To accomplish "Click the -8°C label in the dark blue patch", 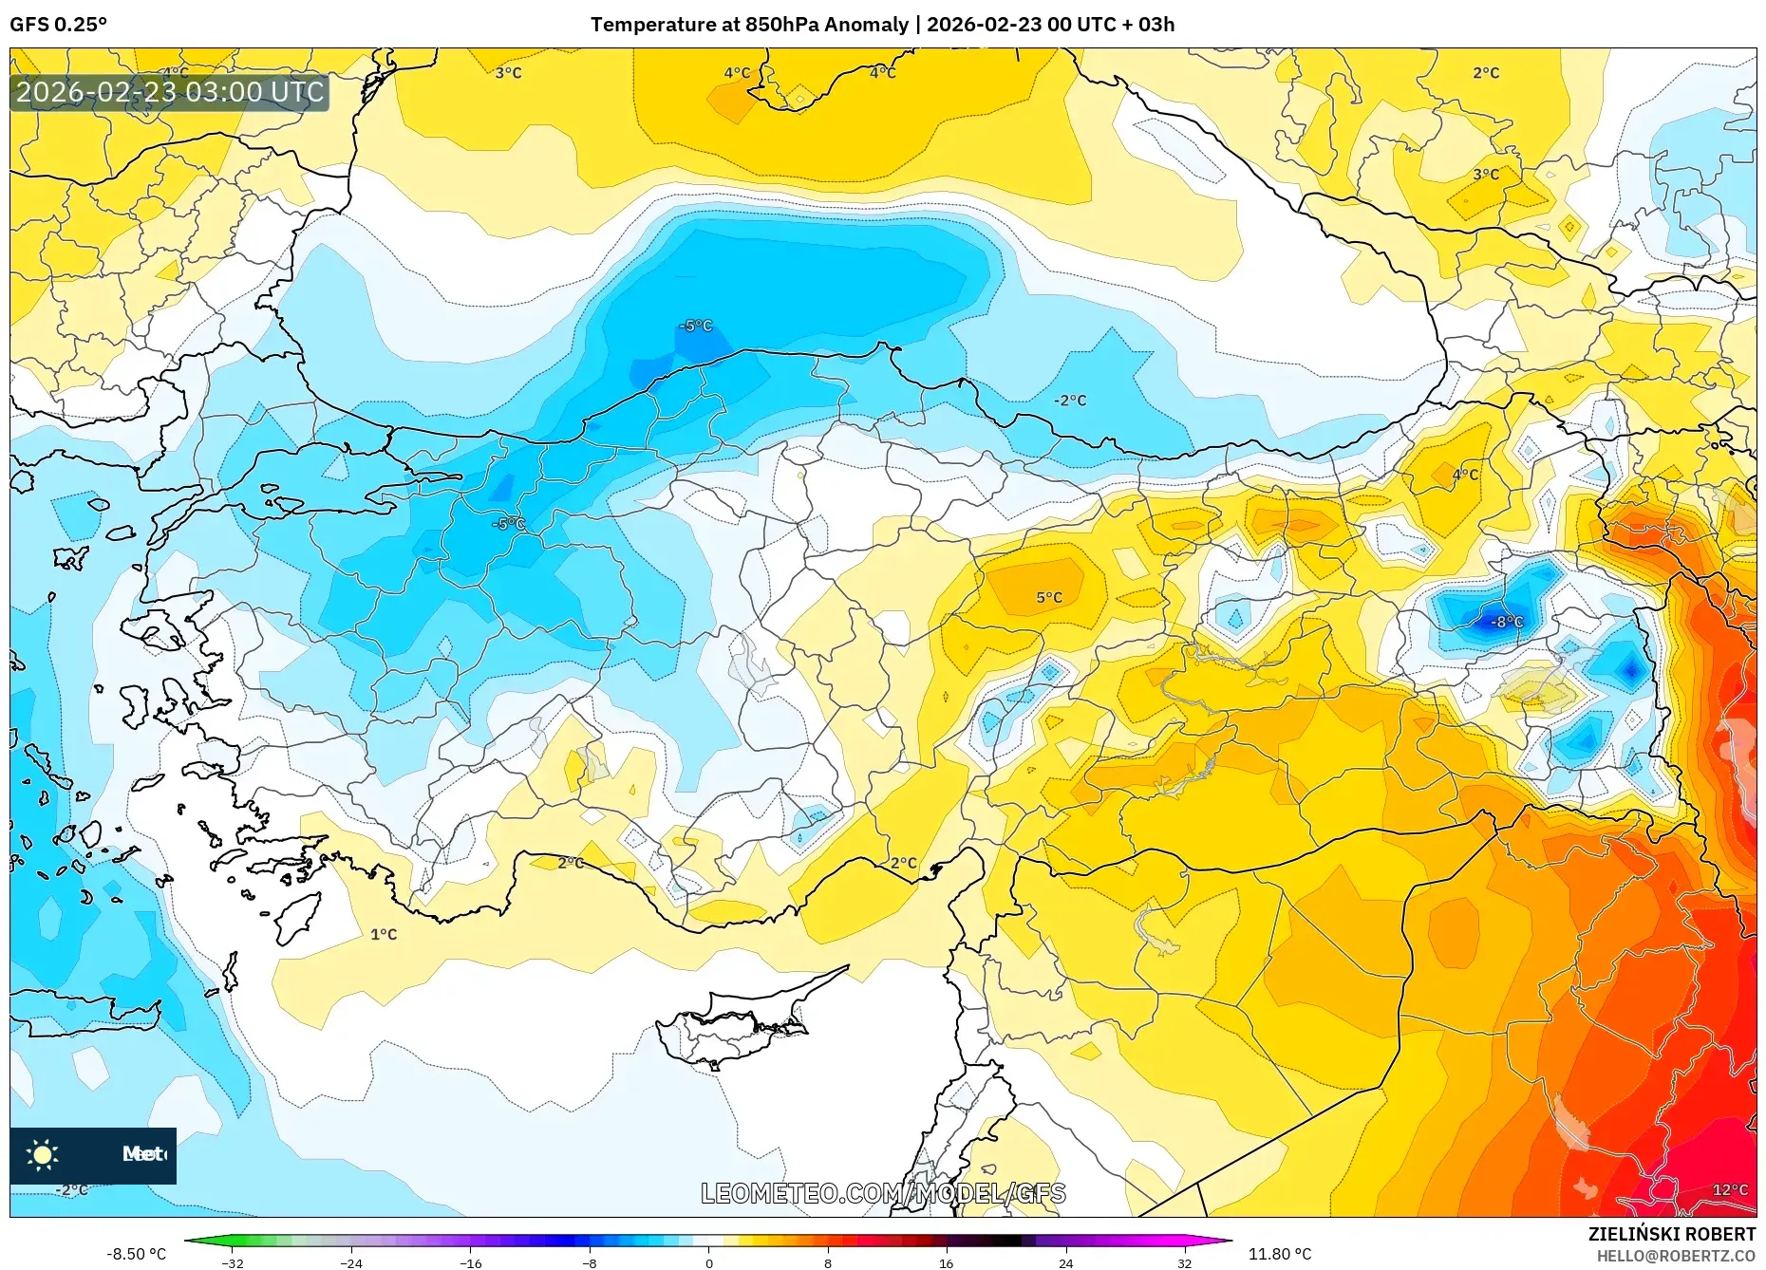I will (x=1507, y=623).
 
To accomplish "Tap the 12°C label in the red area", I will (x=1730, y=1190).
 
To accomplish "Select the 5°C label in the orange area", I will (x=1049, y=598).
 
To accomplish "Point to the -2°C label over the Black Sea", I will (x=1070, y=401).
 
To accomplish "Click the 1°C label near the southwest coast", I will (x=384, y=935).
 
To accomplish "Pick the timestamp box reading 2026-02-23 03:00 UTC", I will (x=170, y=92).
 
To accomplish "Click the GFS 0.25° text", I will (x=59, y=25).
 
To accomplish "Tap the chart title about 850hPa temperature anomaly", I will (x=882, y=25).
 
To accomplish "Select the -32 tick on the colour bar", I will (x=233, y=1263).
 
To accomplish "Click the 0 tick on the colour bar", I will (x=708, y=1263).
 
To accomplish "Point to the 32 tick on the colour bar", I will (x=1184, y=1263).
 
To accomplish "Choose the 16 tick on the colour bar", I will (x=946, y=1263).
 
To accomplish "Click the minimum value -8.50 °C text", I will (x=136, y=1254).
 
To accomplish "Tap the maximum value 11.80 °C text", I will (x=1279, y=1254).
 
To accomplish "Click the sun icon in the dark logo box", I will (x=43, y=1155).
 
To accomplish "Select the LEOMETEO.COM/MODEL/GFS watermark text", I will (x=883, y=1193).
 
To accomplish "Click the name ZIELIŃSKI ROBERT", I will (x=1671, y=1234).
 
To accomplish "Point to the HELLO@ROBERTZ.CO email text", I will (x=1675, y=1256).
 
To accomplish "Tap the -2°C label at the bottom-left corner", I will (x=71, y=1190).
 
